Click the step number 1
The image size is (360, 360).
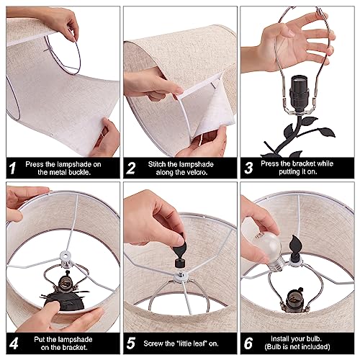click(x=12, y=168)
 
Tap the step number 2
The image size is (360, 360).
click(x=131, y=168)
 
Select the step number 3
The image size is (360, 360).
click(x=248, y=168)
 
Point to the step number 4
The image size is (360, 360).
click(x=14, y=343)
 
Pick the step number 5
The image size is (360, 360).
click(x=131, y=343)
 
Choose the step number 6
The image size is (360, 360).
click(x=248, y=343)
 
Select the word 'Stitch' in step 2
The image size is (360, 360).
click(x=156, y=164)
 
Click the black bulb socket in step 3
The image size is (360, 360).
click(x=300, y=94)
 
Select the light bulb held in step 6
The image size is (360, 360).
click(x=267, y=251)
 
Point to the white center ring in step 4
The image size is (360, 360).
click(x=64, y=256)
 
